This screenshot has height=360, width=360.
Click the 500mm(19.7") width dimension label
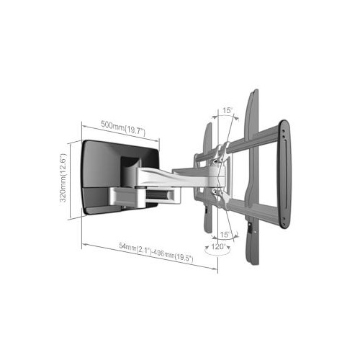[124, 130]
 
